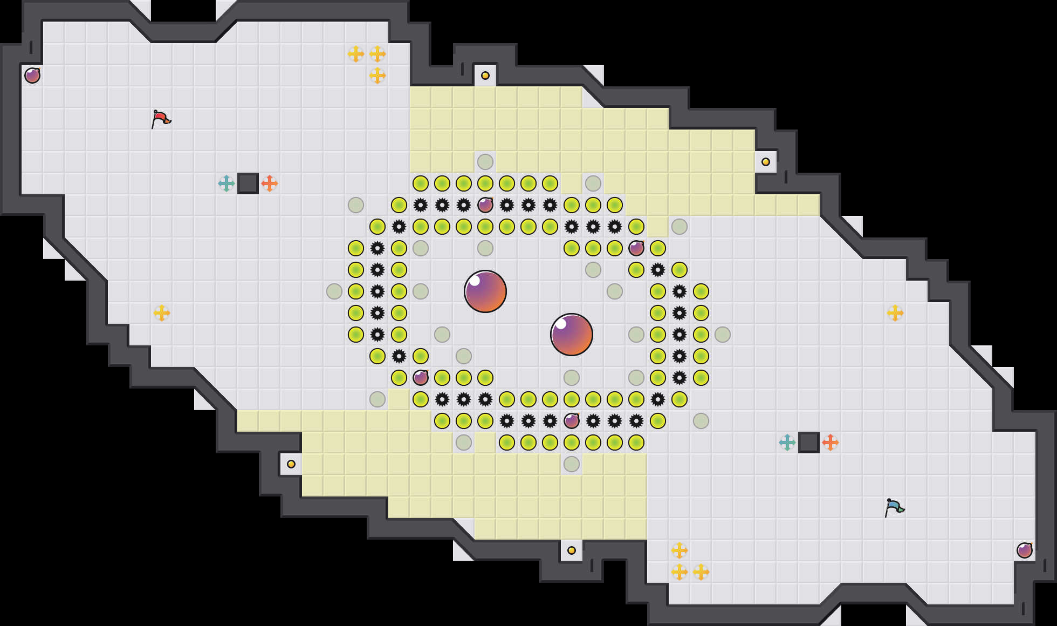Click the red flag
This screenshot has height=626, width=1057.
[161, 119]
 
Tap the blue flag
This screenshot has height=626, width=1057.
[894, 507]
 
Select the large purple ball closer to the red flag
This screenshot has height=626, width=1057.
[485, 291]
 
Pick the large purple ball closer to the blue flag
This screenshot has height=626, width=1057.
[572, 335]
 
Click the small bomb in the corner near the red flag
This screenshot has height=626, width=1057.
[32, 76]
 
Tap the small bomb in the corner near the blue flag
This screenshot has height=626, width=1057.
[1025, 550]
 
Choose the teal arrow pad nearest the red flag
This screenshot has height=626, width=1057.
[226, 183]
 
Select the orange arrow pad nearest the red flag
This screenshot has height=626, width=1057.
[270, 183]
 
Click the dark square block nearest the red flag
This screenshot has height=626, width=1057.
[248, 183]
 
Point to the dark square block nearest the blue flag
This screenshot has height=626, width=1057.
[809, 443]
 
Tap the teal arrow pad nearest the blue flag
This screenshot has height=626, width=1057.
[787, 443]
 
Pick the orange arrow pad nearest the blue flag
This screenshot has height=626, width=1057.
[830, 443]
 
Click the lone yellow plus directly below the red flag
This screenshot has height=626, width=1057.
[162, 313]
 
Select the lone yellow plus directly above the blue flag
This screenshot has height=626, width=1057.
[895, 313]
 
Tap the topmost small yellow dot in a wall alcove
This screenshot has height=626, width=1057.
[485, 76]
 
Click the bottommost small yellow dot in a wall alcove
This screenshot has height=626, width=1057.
[572, 550]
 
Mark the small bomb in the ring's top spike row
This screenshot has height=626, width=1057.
[485, 205]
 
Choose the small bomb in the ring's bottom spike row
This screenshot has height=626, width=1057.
[572, 421]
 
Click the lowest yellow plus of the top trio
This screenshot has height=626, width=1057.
[377, 76]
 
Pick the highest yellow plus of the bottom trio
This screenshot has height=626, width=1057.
[679, 550]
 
